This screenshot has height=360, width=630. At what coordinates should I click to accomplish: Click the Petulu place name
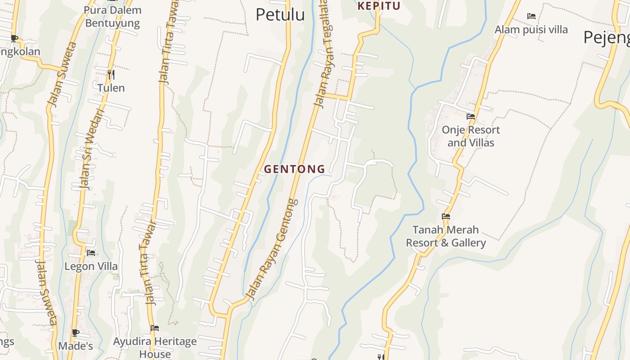pos(280,14)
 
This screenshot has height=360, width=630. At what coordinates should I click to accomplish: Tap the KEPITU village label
pos(378,6)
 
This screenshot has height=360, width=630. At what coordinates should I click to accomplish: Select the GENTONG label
pos(294,169)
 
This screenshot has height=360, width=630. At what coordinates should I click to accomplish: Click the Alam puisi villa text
pos(531,30)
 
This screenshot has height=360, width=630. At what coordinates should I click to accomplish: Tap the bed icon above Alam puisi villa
pos(531,16)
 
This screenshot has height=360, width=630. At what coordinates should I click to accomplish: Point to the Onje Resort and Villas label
pos(471,136)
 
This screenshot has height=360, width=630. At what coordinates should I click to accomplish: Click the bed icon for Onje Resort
pos(471,116)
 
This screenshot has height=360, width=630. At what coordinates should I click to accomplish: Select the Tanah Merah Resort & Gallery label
pos(445,236)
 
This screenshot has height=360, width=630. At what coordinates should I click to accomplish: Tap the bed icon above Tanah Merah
pos(446,216)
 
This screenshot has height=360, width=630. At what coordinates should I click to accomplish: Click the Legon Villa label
pos(91,266)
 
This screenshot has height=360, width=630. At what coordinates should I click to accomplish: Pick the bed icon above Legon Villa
pos(91,253)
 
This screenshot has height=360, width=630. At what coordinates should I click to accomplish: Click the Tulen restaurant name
pos(111,88)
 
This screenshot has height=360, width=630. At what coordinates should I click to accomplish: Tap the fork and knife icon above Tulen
pos(111,74)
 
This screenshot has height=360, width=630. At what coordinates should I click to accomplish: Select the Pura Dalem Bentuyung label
pos(112,17)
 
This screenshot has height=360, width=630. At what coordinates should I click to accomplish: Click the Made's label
pos(76,346)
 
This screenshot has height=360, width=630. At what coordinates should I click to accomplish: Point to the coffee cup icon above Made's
pos(76,333)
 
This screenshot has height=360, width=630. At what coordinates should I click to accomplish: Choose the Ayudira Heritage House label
pos(155,347)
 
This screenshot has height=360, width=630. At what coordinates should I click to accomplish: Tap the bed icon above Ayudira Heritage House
pos(155,328)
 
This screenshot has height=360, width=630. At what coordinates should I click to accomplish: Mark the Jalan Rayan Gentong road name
pos(273,250)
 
